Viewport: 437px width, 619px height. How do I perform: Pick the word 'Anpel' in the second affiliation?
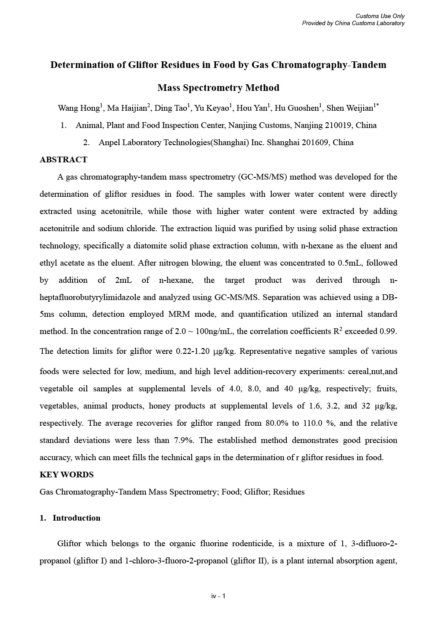tap(109, 143)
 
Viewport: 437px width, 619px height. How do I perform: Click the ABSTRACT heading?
tap(63, 160)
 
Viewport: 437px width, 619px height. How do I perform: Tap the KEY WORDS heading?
tap(67, 475)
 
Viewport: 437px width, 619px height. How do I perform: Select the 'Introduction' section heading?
tap(76, 518)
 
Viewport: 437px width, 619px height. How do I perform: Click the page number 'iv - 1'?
tap(218, 596)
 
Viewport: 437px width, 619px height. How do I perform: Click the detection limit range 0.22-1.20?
tap(193, 352)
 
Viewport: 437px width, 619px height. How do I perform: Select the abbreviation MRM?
tap(178, 314)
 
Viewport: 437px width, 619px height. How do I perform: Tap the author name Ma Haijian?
tap(130, 108)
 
